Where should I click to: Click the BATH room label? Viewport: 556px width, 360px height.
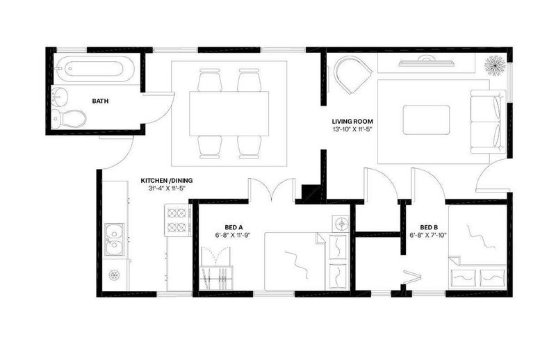click(x=100, y=101)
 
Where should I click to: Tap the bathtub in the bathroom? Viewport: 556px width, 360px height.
click(x=95, y=69)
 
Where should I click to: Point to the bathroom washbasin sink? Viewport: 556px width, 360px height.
click(x=60, y=97)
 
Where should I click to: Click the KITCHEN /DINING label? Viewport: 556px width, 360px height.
click(x=167, y=181)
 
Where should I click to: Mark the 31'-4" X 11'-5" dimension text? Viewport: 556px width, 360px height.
click(x=167, y=188)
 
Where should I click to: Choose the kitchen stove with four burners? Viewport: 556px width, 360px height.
click(x=177, y=220)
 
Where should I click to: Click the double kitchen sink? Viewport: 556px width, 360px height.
click(x=114, y=239)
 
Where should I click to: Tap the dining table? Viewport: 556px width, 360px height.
click(x=229, y=113)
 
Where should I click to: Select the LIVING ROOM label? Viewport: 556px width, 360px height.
click(x=352, y=122)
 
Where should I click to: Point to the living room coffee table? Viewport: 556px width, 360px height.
click(x=426, y=120)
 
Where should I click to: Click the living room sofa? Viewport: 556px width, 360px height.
click(x=488, y=122)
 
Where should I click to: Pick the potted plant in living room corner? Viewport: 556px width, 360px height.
click(x=495, y=65)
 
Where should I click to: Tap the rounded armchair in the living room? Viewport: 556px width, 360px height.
click(x=353, y=75)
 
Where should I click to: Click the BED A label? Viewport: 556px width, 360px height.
click(x=234, y=227)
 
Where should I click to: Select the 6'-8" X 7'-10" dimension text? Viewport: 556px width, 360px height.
click(x=428, y=235)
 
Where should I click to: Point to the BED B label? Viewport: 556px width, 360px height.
click(x=429, y=227)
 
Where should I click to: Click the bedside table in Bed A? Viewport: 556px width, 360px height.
click(x=341, y=224)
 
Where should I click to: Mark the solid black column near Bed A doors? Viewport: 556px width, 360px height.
click(x=311, y=193)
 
